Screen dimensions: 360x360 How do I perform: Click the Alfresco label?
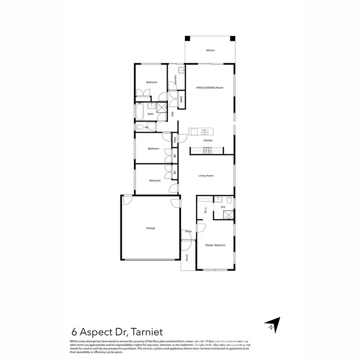[x=210, y=50]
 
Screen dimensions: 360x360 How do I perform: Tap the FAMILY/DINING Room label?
[x=210, y=88]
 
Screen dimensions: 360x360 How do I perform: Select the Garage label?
[x=151, y=228]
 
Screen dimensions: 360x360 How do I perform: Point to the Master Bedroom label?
[x=215, y=245]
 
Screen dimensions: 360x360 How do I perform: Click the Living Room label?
[x=206, y=176]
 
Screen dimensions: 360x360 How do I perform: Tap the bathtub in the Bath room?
[x=140, y=114]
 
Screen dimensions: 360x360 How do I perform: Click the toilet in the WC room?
[x=139, y=127]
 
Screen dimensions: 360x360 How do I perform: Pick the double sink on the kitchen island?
[x=204, y=132]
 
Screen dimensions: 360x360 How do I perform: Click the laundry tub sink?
[x=181, y=71]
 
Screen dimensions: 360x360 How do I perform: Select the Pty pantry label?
[x=175, y=140]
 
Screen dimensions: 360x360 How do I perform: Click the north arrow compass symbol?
[x=271, y=325]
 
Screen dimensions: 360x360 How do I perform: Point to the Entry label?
[x=188, y=231]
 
